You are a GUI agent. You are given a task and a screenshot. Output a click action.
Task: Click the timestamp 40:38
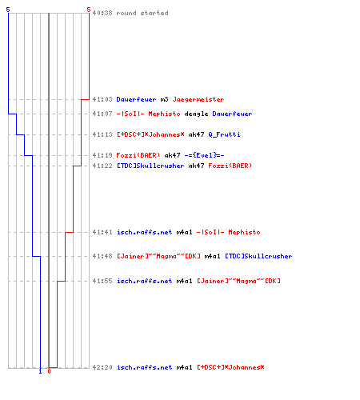tap(102, 13)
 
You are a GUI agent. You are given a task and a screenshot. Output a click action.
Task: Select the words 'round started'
tap(142, 13)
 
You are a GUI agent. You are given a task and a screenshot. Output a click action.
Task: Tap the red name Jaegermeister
tap(198, 99)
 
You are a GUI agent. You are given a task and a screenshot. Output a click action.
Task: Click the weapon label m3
tap(164, 99)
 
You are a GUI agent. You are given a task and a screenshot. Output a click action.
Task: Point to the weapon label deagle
tap(196, 114)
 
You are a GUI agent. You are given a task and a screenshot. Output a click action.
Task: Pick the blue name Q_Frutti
tap(224, 134)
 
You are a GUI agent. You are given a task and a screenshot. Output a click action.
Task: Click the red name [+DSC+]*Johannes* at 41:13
tap(150, 134)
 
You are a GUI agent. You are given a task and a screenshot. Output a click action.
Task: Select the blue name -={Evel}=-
tap(204, 155)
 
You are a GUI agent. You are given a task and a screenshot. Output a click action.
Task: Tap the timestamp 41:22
tap(102, 166)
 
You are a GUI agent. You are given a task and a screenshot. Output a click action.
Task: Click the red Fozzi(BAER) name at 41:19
tap(138, 155)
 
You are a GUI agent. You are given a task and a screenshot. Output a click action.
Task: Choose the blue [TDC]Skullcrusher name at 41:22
tap(150, 166)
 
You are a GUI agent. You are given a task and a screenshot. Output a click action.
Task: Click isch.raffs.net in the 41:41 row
tap(144, 232)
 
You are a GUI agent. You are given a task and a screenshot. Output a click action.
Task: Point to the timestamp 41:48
tap(102, 256)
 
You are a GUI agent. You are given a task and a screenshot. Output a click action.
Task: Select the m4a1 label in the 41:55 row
tap(184, 281)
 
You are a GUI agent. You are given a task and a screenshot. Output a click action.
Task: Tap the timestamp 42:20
tap(102, 367)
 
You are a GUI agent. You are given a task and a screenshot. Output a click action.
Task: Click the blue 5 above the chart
tap(8, 10)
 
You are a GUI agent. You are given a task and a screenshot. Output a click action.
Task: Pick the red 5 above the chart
tap(89, 10)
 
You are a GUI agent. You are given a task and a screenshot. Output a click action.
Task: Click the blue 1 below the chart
tap(40, 371)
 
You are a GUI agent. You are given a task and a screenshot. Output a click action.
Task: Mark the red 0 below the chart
tap(49, 371)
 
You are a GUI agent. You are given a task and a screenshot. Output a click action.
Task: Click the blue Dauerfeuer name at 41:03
tap(136, 99)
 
